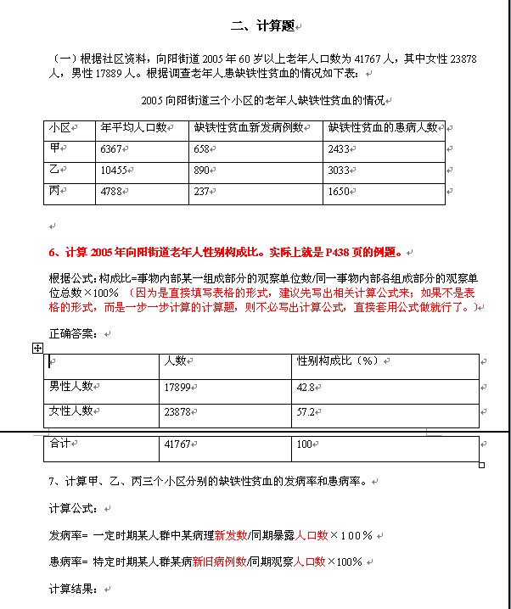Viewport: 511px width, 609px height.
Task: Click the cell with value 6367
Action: [x=112, y=149]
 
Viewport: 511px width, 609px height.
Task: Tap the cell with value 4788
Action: [x=112, y=192]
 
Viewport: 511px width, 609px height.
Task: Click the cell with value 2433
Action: [x=338, y=149]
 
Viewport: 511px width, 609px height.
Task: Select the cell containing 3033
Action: [x=338, y=170]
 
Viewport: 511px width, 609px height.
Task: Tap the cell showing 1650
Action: [x=338, y=192]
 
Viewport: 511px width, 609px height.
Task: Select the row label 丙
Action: [x=57, y=191]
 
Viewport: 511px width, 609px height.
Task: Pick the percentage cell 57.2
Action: [x=306, y=411]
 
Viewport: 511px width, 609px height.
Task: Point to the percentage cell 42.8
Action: [x=306, y=387]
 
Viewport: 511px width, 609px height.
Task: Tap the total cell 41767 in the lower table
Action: [x=177, y=444]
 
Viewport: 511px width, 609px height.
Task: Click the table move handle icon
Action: [x=37, y=349]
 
